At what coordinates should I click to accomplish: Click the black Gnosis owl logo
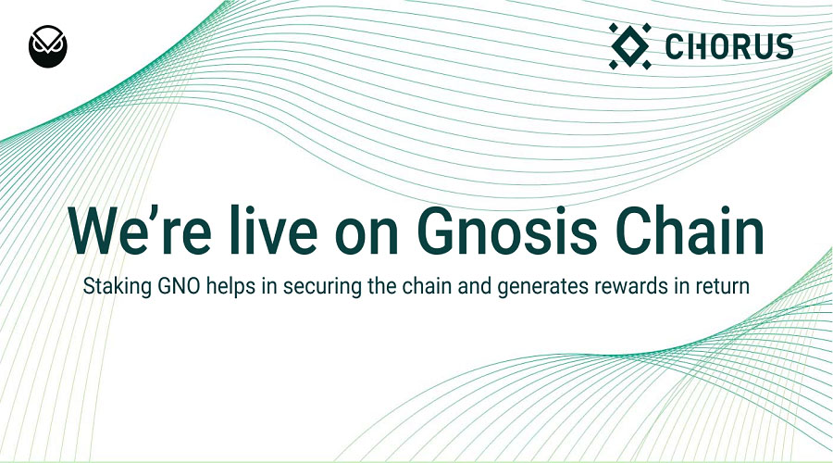(x=48, y=45)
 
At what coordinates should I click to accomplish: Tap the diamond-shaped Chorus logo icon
(x=630, y=46)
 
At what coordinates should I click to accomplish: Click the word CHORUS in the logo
(x=729, y=47)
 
